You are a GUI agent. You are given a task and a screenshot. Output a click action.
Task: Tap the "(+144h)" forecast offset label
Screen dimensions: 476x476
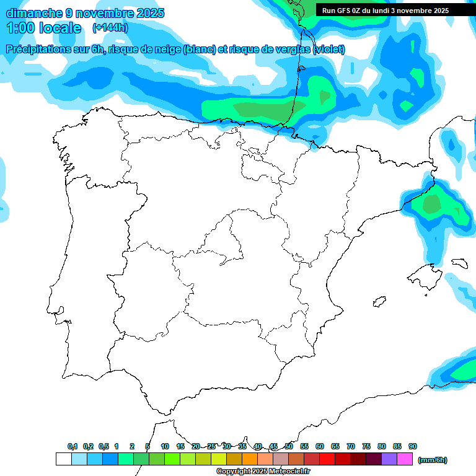pyautogui.click(x=110, y=28)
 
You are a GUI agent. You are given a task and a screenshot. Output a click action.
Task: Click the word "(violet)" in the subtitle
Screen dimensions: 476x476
pyautogui.click(x=329, y=50)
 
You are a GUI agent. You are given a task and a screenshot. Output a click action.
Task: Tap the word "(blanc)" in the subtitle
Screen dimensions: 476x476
pyautogui.click(x=198, y=50)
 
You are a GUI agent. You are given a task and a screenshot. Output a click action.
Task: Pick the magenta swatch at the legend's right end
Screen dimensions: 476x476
pyautogui.click(x=405, y=459)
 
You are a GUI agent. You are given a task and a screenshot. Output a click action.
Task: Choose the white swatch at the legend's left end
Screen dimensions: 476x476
pyautogui.click(x=63, y=459)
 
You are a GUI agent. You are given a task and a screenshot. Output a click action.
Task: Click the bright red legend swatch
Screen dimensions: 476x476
pyautogui.click(x=327, y=459)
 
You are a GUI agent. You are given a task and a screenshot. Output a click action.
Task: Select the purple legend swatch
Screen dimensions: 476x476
pyautogui.click(x=389, y=459)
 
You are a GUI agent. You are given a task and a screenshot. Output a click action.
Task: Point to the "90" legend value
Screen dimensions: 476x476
pyautogui.click(x=413, y=446)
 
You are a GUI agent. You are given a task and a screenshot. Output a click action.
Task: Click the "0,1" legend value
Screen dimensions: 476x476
pyautogui.click(x=72, y=446)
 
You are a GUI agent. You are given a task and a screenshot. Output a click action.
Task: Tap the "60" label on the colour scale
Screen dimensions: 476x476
pyautogui.click(x=320, y=446)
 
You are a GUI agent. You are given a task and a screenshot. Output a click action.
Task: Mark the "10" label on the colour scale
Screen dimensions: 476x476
pyautogui.click(x=165, y=446)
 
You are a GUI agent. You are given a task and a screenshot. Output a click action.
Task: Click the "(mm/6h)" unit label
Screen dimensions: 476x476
pyautogui.click(x=433, y=460)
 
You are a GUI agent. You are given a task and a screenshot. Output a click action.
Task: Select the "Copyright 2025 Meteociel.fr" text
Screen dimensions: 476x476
pyautogui.click(x=263, y=472)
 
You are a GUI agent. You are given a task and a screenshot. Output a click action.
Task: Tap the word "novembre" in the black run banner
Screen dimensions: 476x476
pyautogui.click(x=412, y=10)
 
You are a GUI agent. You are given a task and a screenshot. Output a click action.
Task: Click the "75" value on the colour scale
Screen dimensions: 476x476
pyautogui.click(x=366, y=446)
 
